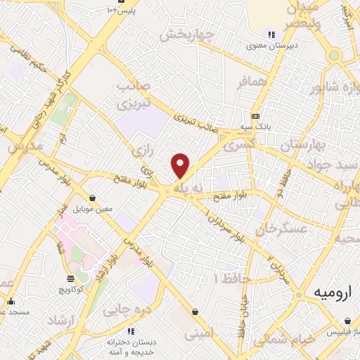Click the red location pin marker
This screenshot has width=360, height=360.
181,166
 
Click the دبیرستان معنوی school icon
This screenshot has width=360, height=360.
271,34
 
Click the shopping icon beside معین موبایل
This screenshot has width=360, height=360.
94,198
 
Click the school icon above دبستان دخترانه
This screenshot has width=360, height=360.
130,331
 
